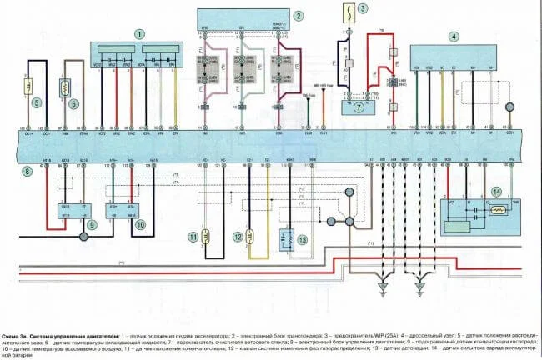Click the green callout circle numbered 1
tap(140, 33)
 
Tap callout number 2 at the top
tap(298, 13)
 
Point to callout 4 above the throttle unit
tap(453, 36)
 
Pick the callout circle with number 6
tap(73, 103)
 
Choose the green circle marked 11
tap(194, 237)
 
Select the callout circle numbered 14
tap(497, 192)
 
